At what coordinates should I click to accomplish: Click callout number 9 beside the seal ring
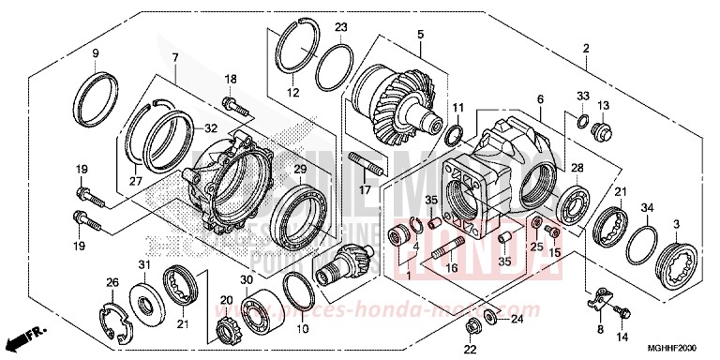(95, 53)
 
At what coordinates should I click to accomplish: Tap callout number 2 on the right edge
(585, 48)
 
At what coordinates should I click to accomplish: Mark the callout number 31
(145, 263)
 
